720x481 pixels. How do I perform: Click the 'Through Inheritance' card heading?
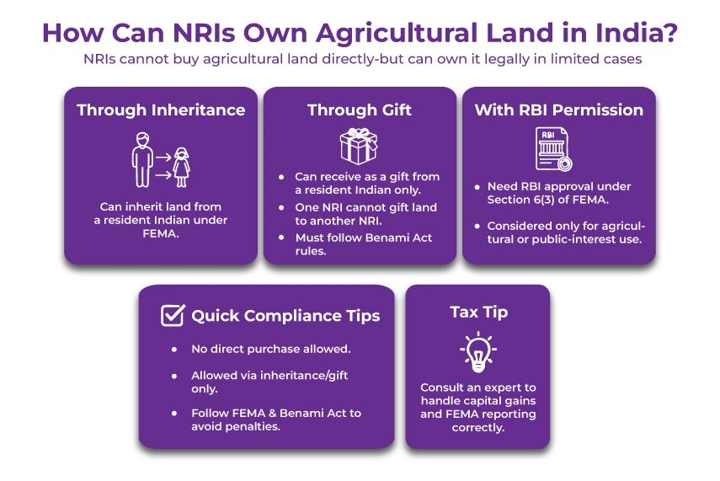(x=161, y=110)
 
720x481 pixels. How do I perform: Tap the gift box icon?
(x=359, y=145)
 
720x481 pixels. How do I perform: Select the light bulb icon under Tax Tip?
(x=477, y=353)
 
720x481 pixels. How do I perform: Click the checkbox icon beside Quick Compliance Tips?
(x=173, y=316)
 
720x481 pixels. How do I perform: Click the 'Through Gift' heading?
(x=359, y=110)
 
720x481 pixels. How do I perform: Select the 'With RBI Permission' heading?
(x=558, y=110)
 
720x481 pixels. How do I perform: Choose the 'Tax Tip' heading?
(x=478, y=312)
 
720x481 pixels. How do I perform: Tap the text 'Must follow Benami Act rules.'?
(x=363, y=243)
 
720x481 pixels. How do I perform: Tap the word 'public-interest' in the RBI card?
(x=573, y=238)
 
